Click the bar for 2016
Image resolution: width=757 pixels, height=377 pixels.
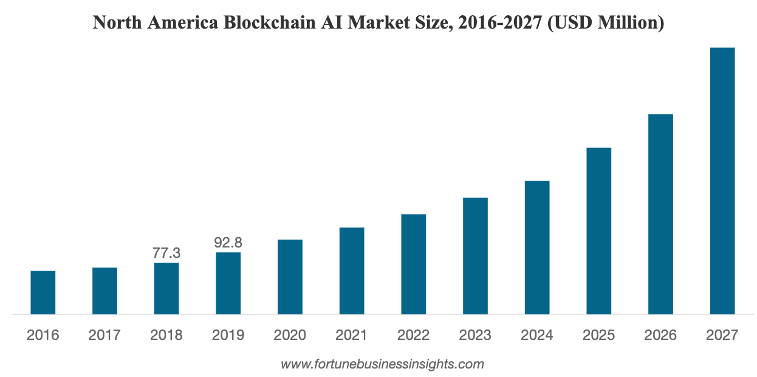43,292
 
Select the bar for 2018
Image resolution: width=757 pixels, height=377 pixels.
166,288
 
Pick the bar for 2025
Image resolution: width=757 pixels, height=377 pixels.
598,230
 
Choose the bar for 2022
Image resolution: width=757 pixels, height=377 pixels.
413,264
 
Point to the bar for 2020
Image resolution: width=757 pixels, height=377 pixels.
290,277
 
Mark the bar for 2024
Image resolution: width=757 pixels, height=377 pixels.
536,247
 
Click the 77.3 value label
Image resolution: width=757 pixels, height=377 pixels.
166,253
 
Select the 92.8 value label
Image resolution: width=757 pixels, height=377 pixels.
228,243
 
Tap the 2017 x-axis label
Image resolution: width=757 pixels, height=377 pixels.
104,335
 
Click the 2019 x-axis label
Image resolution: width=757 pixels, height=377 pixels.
228,335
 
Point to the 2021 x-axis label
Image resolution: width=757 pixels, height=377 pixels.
352,335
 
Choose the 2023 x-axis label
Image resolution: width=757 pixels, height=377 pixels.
475,335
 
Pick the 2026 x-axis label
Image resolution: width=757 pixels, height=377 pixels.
660,335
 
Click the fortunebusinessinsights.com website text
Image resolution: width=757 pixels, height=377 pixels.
382,365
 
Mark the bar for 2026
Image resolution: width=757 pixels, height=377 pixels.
660,214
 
